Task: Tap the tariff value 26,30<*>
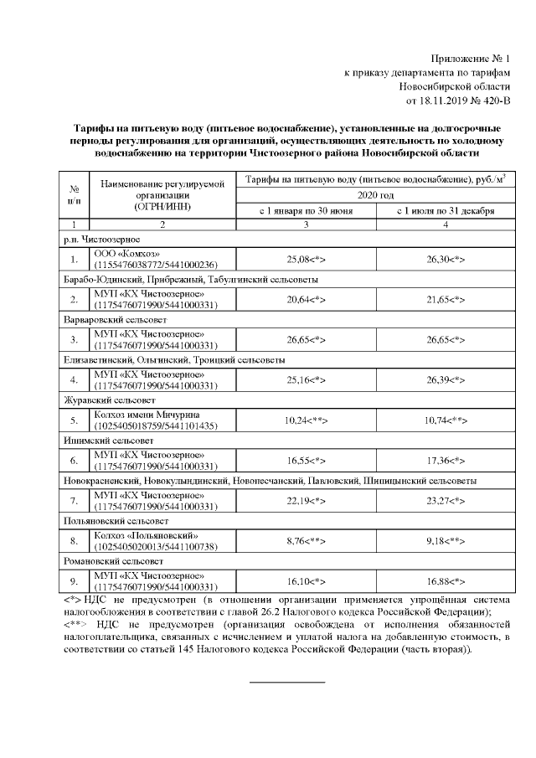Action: pos(446,260)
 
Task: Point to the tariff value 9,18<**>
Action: pos(446,540)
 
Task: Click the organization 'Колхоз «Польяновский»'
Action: pos(146,535)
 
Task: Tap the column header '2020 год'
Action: pos(375,194)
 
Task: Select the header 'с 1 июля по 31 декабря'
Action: pos(446,210)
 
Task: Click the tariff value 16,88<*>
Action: pos(446,580)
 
